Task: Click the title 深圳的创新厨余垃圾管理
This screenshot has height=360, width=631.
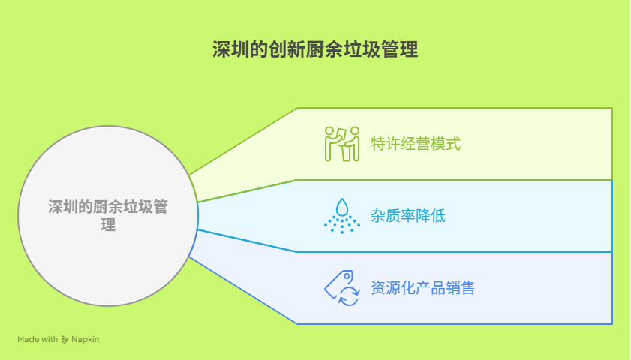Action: (315, 49)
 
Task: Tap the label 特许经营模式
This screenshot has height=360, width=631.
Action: (416, 144)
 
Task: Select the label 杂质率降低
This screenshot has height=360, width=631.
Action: (408, 216)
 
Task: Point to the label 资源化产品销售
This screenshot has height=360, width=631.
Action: (423, 288)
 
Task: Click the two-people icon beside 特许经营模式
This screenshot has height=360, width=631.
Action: (342, 144)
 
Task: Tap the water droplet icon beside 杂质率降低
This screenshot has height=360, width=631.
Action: (342, 216)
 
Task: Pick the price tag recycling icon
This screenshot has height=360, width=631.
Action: (342, 288)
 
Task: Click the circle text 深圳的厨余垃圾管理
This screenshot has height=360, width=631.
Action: (108, 215)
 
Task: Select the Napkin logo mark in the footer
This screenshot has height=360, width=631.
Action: (65, 340)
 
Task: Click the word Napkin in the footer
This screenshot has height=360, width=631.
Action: (86, 340)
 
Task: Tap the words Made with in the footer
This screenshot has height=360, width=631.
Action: (38, 340)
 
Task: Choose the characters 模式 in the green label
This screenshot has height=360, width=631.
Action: (446, 144)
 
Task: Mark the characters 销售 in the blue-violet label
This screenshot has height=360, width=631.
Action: (461, 288)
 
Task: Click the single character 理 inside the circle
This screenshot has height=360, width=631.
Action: (108, 225)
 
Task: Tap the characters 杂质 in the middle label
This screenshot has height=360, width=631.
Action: (386, 216)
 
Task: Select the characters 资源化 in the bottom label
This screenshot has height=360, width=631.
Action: (393, 288)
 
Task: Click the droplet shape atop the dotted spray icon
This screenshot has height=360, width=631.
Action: (342, 207)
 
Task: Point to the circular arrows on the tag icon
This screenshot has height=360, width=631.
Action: (349, 296)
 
